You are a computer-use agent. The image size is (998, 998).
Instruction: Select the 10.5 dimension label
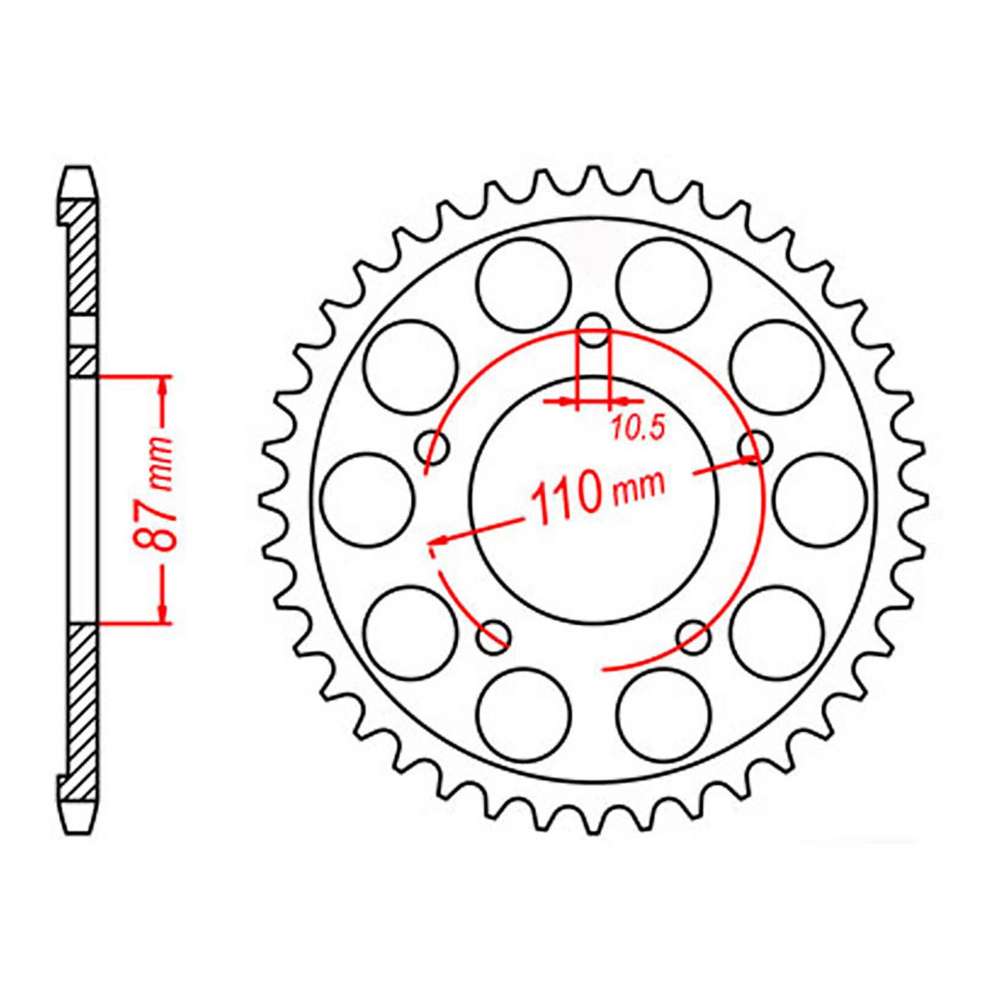tap(637, 429)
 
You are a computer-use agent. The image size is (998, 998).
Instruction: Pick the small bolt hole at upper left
tap(433, 448)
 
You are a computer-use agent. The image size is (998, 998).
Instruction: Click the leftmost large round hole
tap(368, 499)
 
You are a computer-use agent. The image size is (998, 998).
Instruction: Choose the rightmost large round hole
tap(820, 499)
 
